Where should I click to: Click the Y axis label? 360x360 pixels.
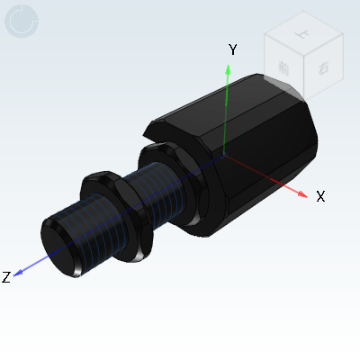coord(232,49)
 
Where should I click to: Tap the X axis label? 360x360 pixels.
coord(320,196)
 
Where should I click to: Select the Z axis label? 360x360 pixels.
coord(6,277)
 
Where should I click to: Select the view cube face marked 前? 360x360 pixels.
coord(284,69)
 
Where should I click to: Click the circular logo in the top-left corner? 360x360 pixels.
coord(22,22)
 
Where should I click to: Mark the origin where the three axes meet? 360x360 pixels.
coord(225,155)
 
